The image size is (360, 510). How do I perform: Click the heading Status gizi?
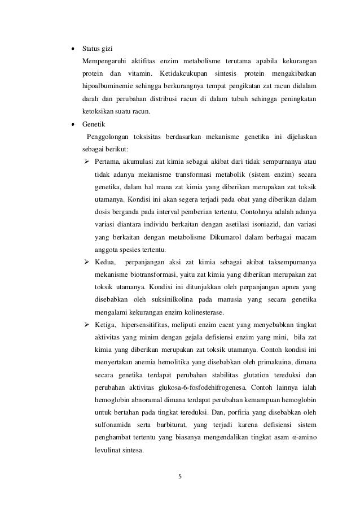click(98, 49)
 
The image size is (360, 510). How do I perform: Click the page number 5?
click(179, 476)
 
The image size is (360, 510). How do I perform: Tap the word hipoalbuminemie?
click(109, 86)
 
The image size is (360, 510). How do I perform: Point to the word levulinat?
click(108, 449)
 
